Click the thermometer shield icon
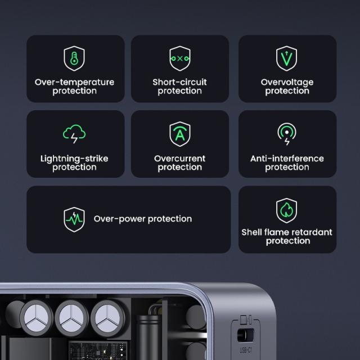(74, 58)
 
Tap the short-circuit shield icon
(179, 58)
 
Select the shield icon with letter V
(287, 58)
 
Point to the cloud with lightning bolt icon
(74, 134)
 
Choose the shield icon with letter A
(179, 134)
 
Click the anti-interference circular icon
(287, 134)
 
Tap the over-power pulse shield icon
(74, 219)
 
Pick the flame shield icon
(287, 210)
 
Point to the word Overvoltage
(287, 82)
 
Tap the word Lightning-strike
(74, 159)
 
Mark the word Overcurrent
(179, 159)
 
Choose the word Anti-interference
(287, 159)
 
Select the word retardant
(311, 232)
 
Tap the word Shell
(253, 232)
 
